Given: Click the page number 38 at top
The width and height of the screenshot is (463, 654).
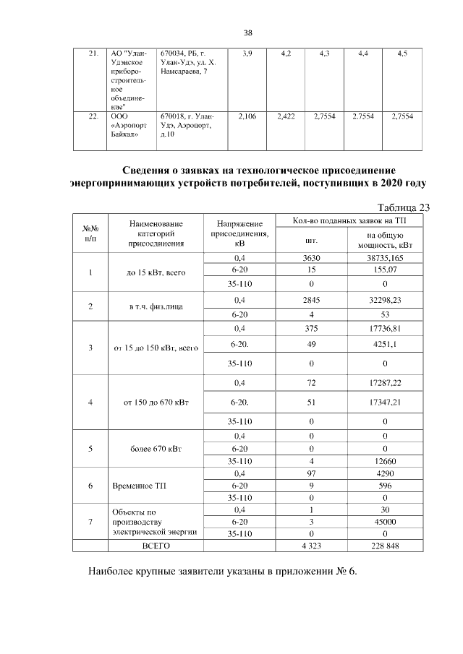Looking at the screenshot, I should click(x=247, y=33).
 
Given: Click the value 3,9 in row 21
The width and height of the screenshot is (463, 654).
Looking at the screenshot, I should click(x=248, y=54).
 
